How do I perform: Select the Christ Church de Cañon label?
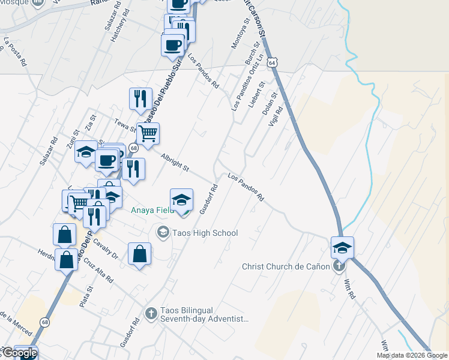[286, 266]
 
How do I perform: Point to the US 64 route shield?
[273, 62]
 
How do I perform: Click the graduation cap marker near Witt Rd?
[342, 247]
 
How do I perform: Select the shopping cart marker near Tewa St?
[148, 133]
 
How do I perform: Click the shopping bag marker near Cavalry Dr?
[139, 253]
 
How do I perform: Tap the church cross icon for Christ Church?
[339, 266]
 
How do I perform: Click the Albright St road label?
[175, 160]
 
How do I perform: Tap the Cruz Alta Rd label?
[98, 271]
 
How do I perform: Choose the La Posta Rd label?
[15, 52]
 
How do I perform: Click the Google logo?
[19, 353]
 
